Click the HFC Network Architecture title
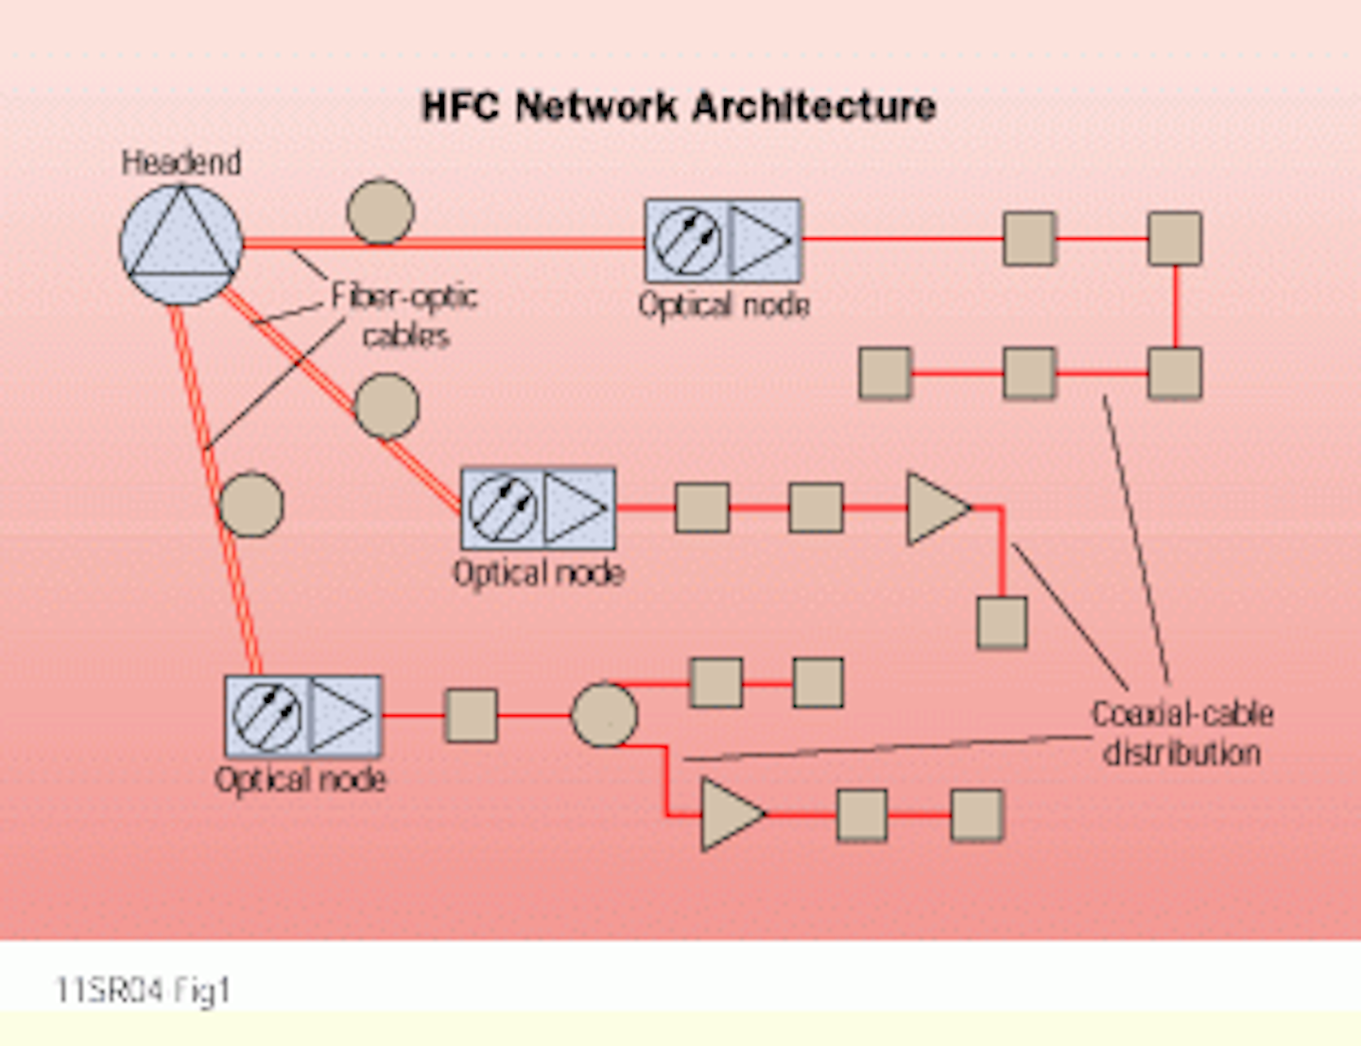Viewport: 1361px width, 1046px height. [679, 106]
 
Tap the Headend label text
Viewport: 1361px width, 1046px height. [181, 163]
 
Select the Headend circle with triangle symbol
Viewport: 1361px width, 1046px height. [181, 244]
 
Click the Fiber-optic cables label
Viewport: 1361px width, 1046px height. [405, 316]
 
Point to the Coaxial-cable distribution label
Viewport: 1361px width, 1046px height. [1181, 733]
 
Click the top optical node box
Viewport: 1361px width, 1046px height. [723, 240]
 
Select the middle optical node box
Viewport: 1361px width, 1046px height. [538, 508]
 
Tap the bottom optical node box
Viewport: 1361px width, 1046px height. [303, 715]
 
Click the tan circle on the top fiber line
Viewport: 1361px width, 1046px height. [380, 212]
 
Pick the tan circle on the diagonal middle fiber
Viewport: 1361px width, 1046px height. [386, 406]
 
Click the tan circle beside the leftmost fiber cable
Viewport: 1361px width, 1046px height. [250, 505]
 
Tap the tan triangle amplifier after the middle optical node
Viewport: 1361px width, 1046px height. [936, 508]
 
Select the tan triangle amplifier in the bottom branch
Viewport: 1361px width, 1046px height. [731, 814]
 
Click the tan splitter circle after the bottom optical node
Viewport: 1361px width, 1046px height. [604, 715]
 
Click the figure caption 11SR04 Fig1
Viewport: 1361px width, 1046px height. [143, 990]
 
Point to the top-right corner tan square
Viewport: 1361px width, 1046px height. [1175, 238]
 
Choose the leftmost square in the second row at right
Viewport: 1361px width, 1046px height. [886, 372]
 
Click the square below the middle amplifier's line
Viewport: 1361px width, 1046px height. [1002, 622]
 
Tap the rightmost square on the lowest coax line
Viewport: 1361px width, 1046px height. [976, 815]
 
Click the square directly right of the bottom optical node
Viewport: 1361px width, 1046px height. [471, 715]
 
